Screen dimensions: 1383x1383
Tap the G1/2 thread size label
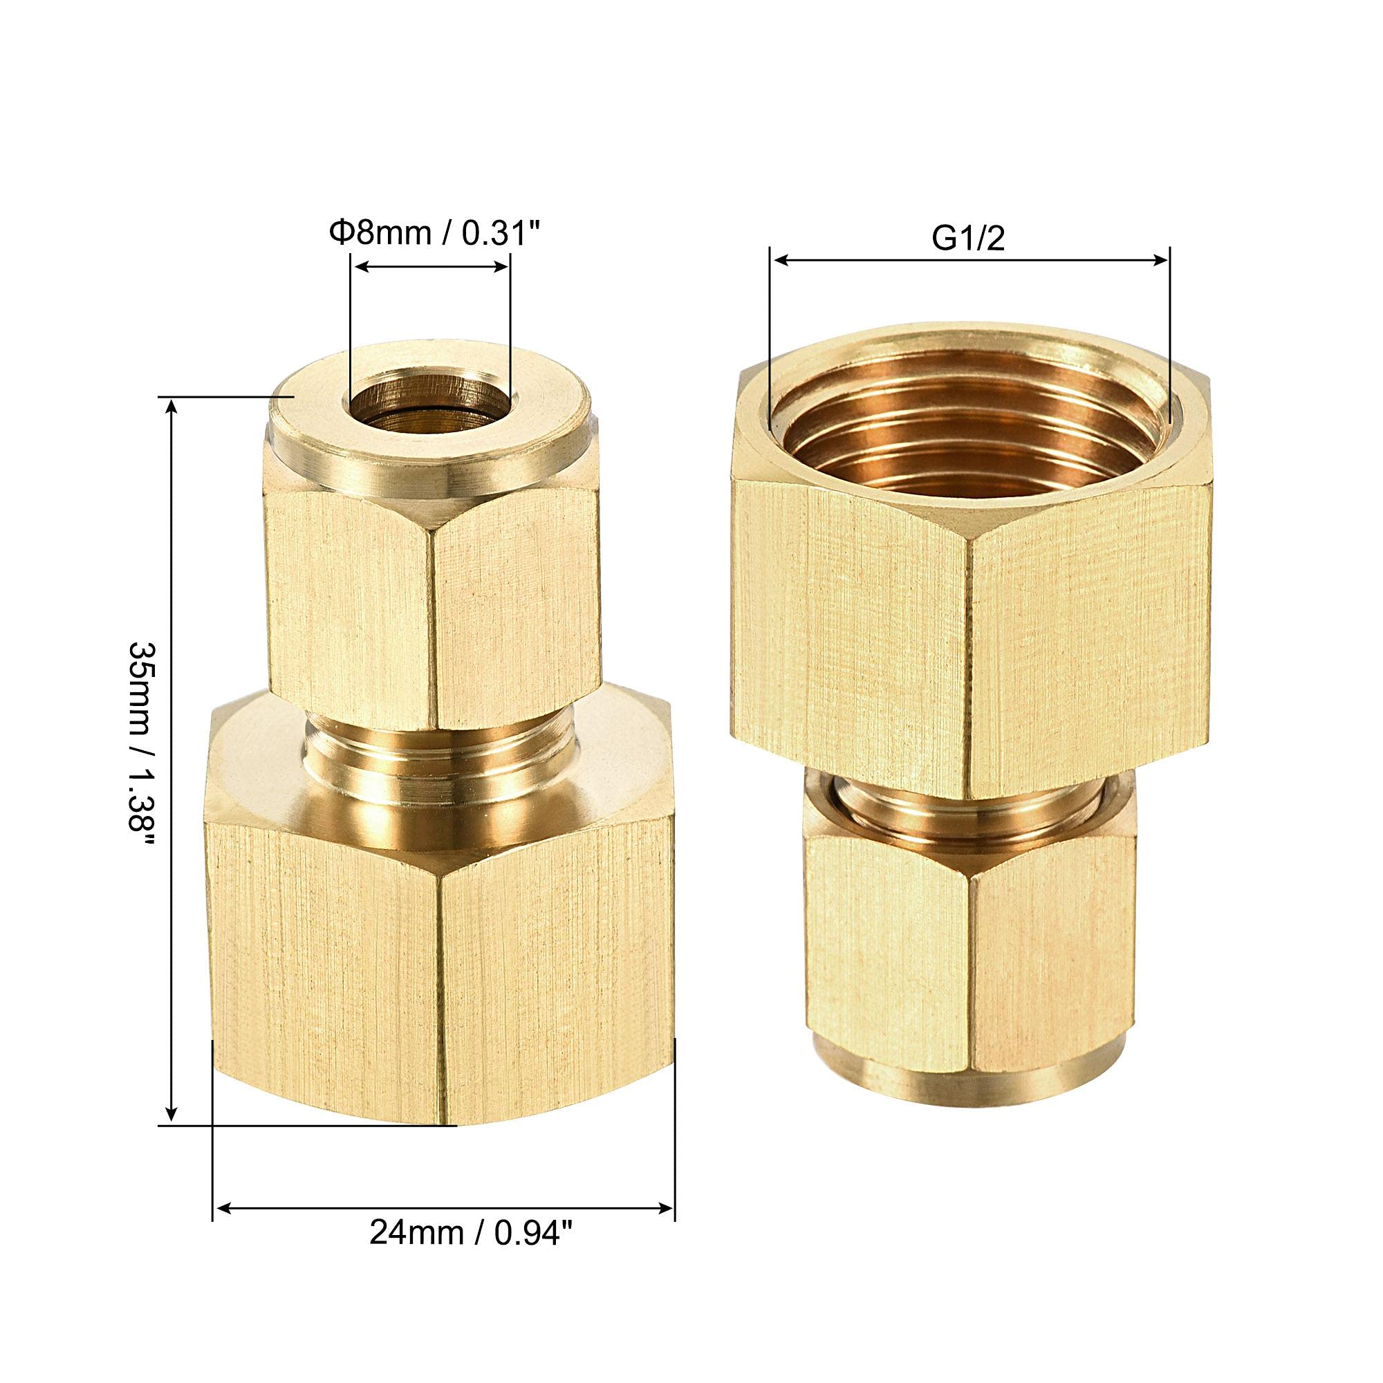point(969,239)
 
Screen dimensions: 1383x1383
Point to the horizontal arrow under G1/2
point(969,261)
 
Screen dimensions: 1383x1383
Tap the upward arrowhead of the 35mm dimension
point(171,407)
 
